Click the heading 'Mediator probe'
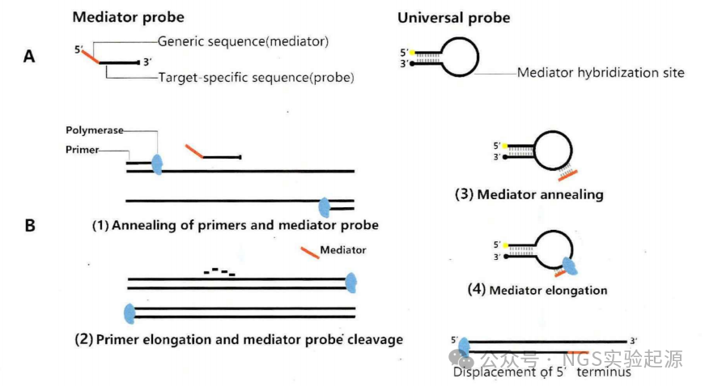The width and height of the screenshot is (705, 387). coord(128,16)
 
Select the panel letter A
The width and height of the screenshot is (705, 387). coord(29,57)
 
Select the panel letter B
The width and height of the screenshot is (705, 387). coord(29,224)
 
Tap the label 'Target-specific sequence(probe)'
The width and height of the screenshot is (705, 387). coord(257,79)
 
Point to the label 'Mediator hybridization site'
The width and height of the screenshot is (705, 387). coord(601,73)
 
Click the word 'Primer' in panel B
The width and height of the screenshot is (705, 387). coord(83,151)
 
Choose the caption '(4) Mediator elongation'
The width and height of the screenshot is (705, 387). coord(537,290)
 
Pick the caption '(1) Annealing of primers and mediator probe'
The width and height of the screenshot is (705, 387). coord(235,225)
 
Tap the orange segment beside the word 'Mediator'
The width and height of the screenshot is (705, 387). coord(308,253)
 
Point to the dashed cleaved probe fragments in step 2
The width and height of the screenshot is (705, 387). coord(219,272)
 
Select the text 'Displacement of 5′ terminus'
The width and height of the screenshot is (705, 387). coord(541,372)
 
